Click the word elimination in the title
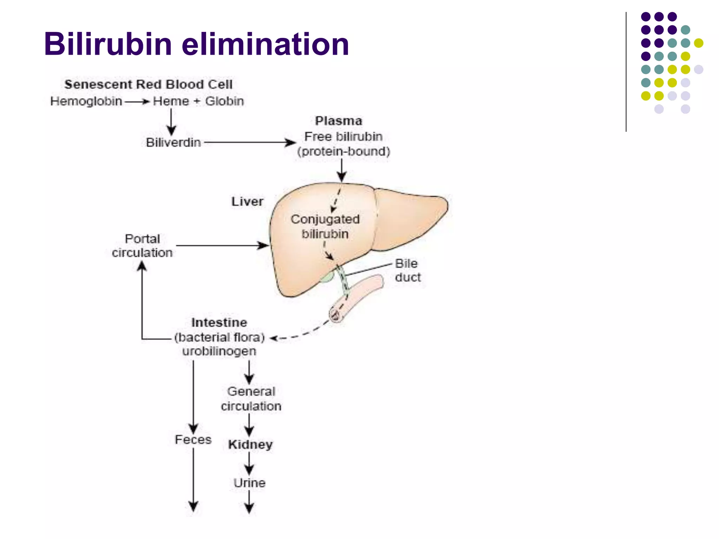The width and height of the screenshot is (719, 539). coord(265,44)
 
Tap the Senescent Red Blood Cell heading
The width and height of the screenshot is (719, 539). coord(148,85)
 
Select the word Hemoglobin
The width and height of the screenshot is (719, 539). coord(86,101)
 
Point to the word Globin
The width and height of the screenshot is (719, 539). coord(224,101)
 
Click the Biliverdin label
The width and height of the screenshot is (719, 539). coord(173,143)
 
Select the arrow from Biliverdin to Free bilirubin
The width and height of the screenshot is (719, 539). coord(249,142)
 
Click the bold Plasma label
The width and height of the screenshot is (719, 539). coord(338,121)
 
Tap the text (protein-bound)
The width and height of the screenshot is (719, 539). coord(343,152)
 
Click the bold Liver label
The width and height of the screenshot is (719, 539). coord(247,202)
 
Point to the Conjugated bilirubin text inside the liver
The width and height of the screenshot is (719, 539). coord(325,227)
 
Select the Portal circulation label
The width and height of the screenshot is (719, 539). coord(142,246)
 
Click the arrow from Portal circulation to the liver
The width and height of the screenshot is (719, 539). coord(221,245)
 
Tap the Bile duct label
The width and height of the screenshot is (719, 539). coord(407,271)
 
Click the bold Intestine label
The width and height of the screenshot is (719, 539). coord(219,322)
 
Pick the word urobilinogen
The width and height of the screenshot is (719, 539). coord(219,351)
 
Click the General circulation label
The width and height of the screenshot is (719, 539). coord(251,399)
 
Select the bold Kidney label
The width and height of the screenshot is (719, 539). coord(250,445)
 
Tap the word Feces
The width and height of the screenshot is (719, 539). coord(193,440)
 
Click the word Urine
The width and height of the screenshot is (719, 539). coord(250,483)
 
